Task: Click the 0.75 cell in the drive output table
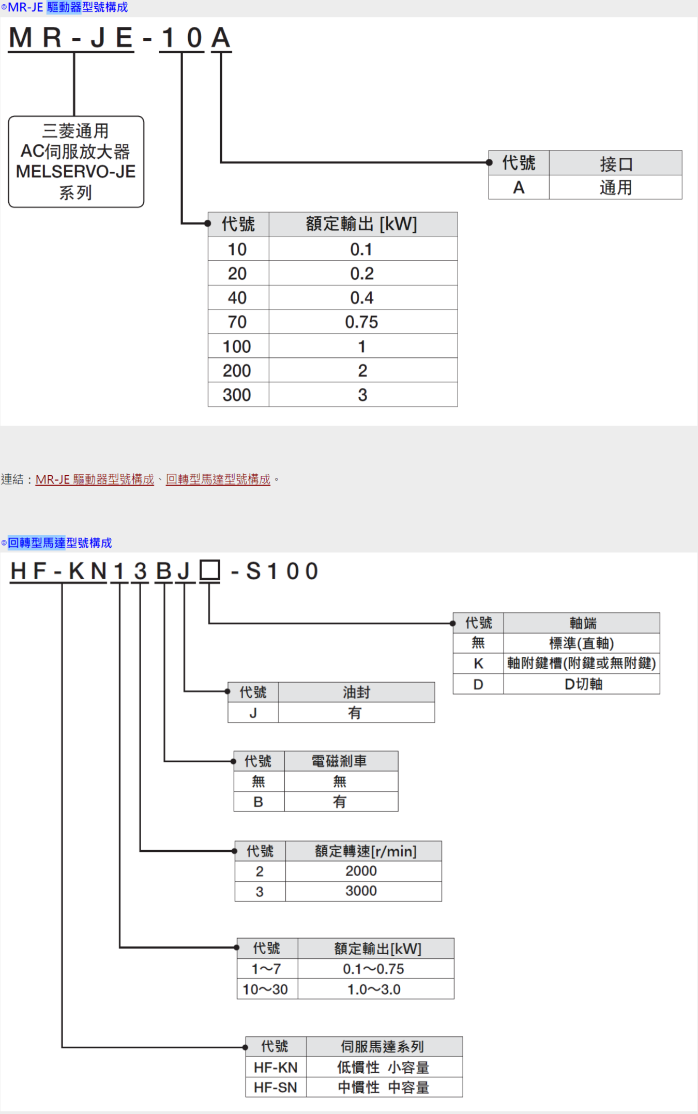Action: point(362,322)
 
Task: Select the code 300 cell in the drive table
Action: point(238,395)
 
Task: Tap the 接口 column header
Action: point(616,163)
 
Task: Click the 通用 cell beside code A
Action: point(616,187)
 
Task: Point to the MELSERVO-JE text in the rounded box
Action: point(76,171)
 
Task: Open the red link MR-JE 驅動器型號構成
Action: point(95,479)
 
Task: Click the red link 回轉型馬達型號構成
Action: point(218,479)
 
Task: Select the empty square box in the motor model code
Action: point(210,570)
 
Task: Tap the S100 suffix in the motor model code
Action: point(282,571)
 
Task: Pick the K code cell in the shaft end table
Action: point(478,664)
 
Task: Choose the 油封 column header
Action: point(357,692)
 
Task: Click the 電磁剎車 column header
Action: point(340,761)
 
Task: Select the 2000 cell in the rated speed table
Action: point(362,871)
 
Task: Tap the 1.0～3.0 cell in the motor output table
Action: point(374,989)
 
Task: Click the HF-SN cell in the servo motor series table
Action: point(276,1087)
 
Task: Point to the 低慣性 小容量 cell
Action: point(384,1067)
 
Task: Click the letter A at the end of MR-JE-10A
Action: point(221,38)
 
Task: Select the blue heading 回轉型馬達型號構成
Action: point(59,543)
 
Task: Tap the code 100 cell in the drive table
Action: point(238,346)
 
